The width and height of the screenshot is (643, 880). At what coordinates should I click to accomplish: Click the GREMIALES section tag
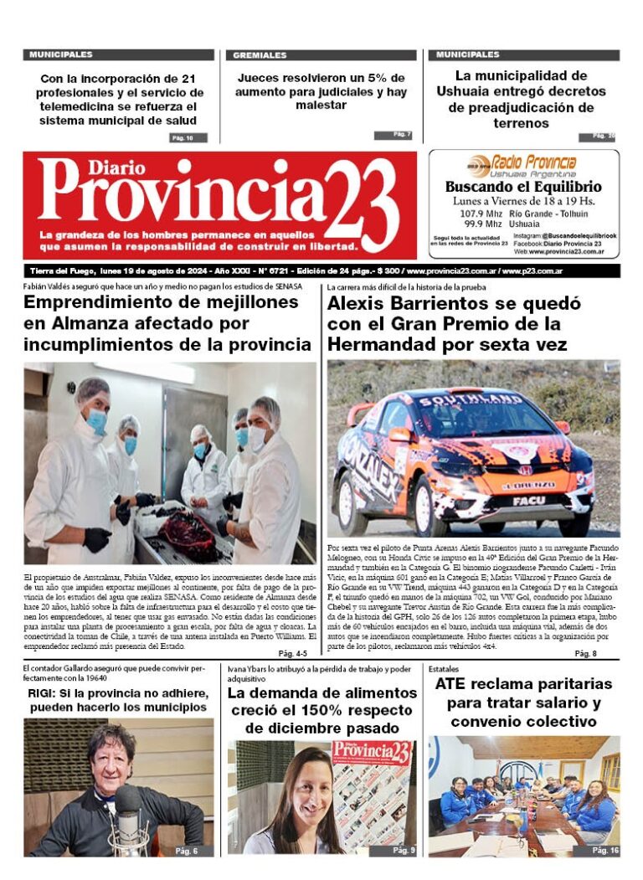[x=260, y=55]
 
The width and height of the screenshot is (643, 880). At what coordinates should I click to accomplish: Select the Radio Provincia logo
[x=522, y=163]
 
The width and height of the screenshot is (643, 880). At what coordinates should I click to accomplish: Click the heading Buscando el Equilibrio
[x=523, y=187]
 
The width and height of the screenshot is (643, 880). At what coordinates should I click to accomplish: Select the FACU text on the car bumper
[x=528, y=500]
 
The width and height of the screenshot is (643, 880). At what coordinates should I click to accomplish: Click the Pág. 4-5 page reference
[x=293, y=630]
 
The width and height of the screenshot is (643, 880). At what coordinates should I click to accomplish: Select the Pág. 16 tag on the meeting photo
[x=605, y=850]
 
